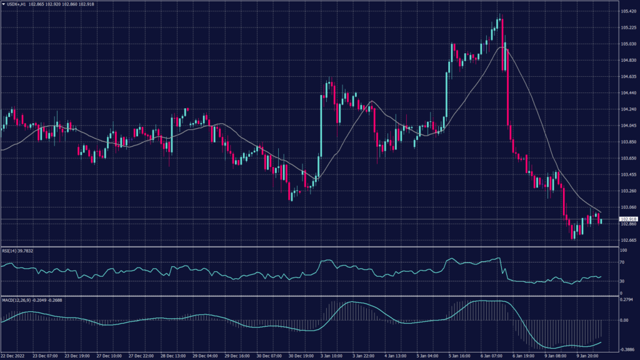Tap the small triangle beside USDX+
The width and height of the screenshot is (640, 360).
3,5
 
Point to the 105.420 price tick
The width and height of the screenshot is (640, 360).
628,11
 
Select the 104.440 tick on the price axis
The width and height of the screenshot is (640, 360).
628,93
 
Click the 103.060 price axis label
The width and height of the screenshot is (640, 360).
628,207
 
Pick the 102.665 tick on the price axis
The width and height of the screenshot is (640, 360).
628,240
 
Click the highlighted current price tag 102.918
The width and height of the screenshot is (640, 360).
628,219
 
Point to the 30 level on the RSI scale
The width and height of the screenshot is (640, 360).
622,281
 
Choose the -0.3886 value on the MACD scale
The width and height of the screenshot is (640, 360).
627,350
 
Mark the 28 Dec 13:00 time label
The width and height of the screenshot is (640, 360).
173,356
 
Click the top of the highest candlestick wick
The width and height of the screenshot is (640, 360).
501,14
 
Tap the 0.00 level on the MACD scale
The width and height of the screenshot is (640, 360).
624,320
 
